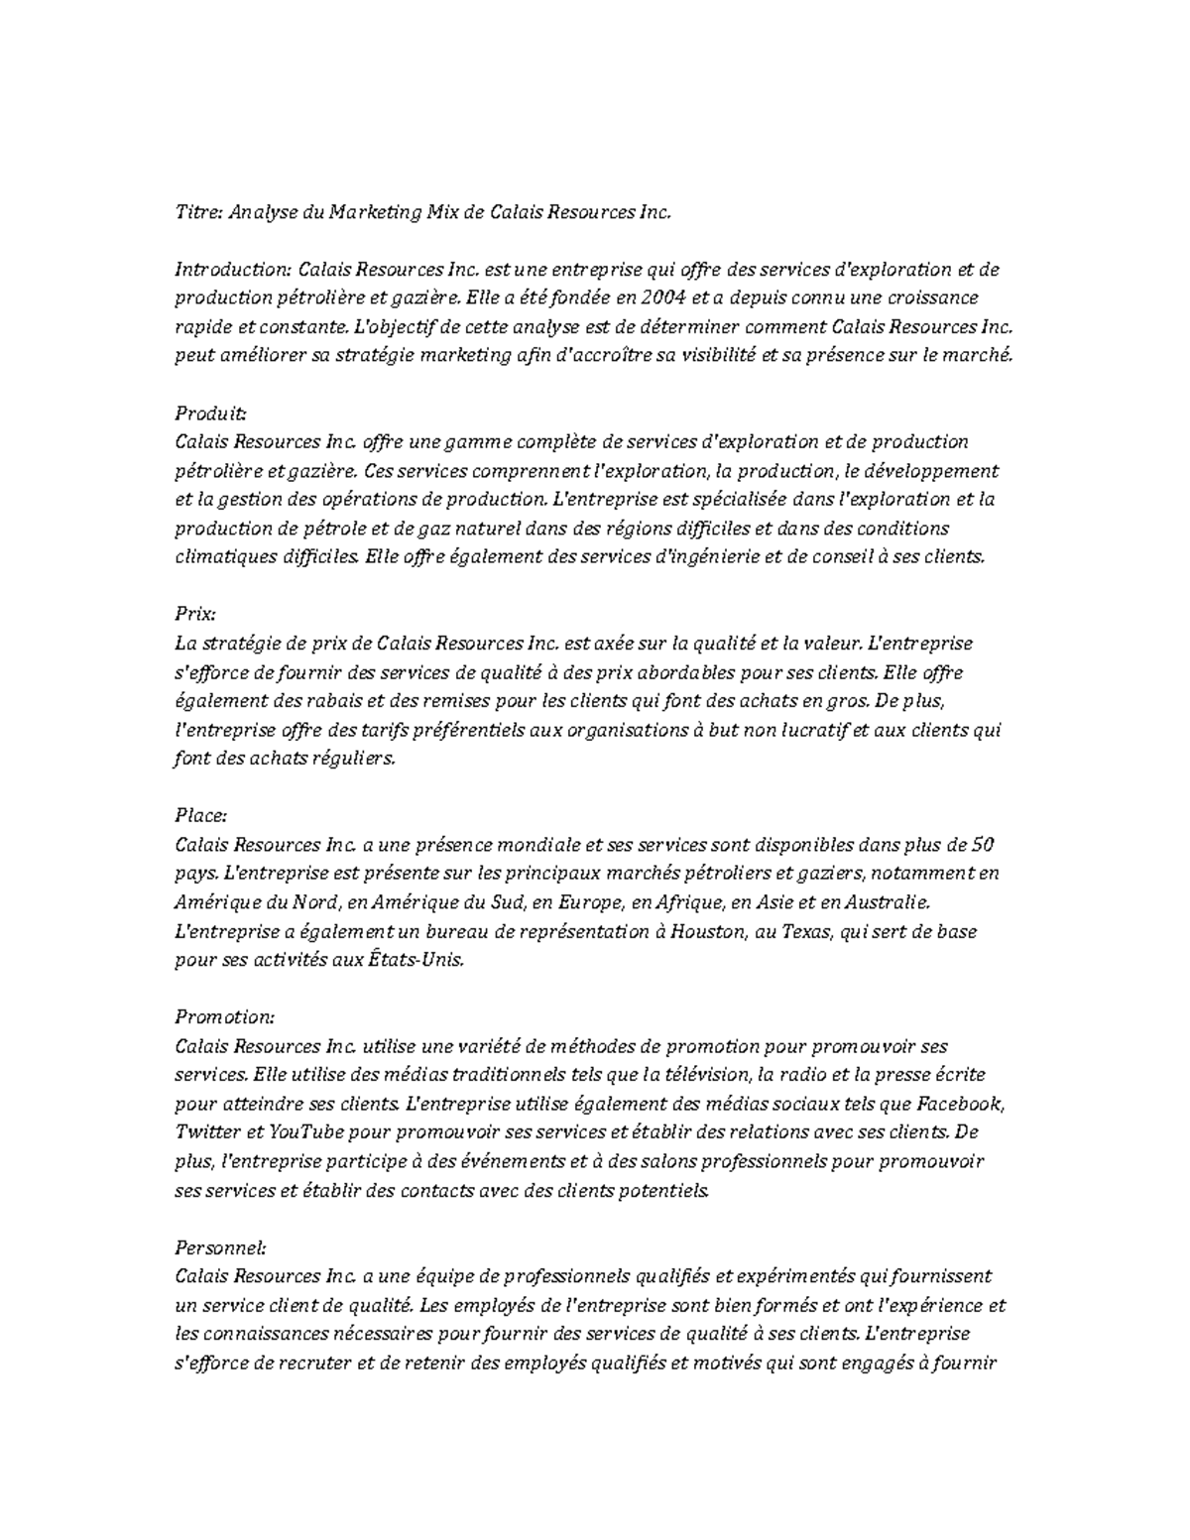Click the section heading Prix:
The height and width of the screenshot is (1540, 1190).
coord(194,615)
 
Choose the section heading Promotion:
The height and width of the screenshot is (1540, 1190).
coord(224,1017)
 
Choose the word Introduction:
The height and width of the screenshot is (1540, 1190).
coord(233,269)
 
